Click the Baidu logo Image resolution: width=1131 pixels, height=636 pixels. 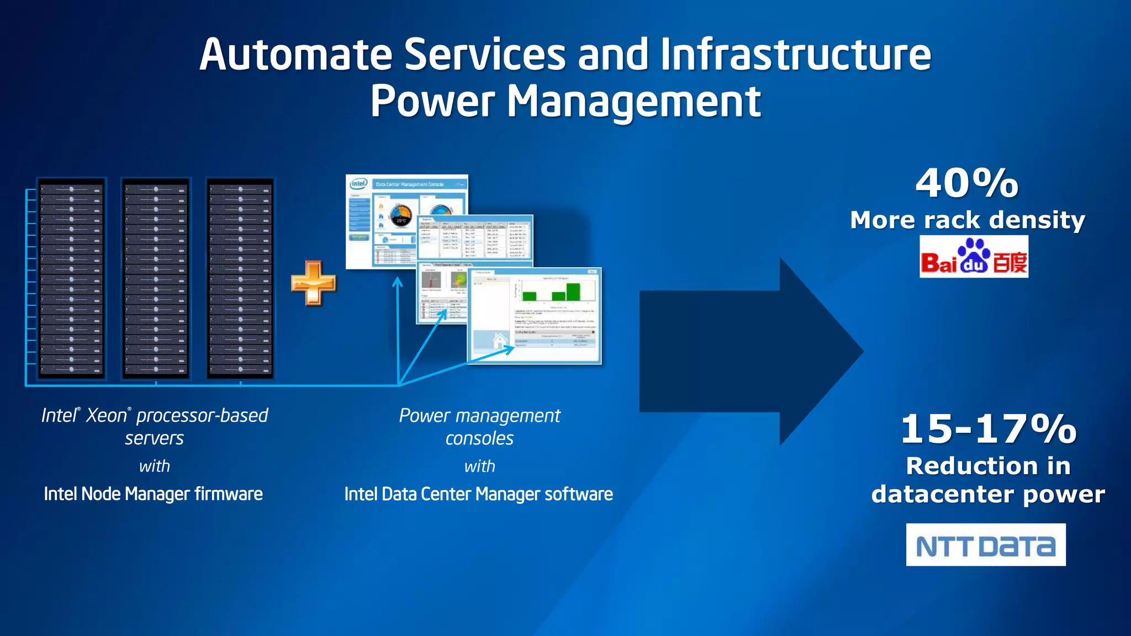[x=974, y=257]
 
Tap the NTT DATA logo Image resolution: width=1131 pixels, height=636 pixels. [x=986, y=545]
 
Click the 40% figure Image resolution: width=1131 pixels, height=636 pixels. [x=967, y=183]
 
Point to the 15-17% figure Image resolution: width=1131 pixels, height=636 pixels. [x=989, y=429]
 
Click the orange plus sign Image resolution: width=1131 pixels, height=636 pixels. [x=313, y=283]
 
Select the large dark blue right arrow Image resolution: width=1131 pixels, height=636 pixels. [x=751, y=351]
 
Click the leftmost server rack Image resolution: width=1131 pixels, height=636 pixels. [x=71, y=278]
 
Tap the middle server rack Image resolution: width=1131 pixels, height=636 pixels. [x=156, y=278]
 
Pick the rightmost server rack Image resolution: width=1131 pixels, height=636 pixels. [x=240, y=278]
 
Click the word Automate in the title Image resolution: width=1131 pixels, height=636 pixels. [x=296, y=55]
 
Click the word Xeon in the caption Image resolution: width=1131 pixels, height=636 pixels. [x=107, y=415]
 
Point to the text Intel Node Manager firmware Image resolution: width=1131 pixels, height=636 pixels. [x=153, y=494]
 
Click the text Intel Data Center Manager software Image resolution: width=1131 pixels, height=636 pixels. [x=478, y=494]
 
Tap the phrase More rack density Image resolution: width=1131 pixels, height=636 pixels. [x=968, y=220]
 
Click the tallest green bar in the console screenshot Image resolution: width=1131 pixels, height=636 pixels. [x=573, y=291]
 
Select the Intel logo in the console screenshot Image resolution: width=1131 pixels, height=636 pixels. [x=358, y=183]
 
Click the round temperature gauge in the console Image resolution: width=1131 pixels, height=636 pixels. [x=401, y=216]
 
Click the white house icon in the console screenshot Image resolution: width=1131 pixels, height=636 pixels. [x=499, y=341]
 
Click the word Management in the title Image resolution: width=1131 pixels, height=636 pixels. [x=634, y=102]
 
